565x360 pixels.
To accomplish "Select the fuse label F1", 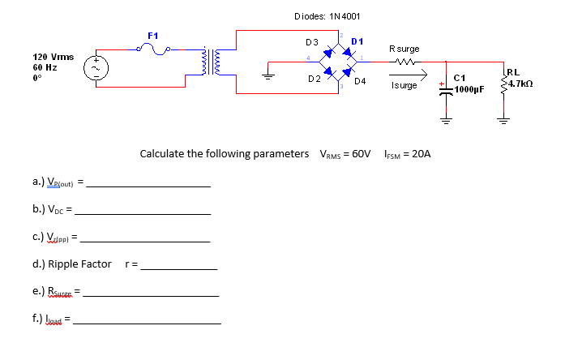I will (152, 36).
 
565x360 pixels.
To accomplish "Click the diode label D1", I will (357, 41).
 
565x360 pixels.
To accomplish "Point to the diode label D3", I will (311, 41).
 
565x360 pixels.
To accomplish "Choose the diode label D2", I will (314, 79).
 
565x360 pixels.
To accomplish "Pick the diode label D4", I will (360, 81).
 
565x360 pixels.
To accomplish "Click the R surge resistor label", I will (404, 49).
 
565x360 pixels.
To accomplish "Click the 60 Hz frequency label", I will (43, 69).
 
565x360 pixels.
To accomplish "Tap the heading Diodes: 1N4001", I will (327, 16).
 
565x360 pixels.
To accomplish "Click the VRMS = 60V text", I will (345, 153).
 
